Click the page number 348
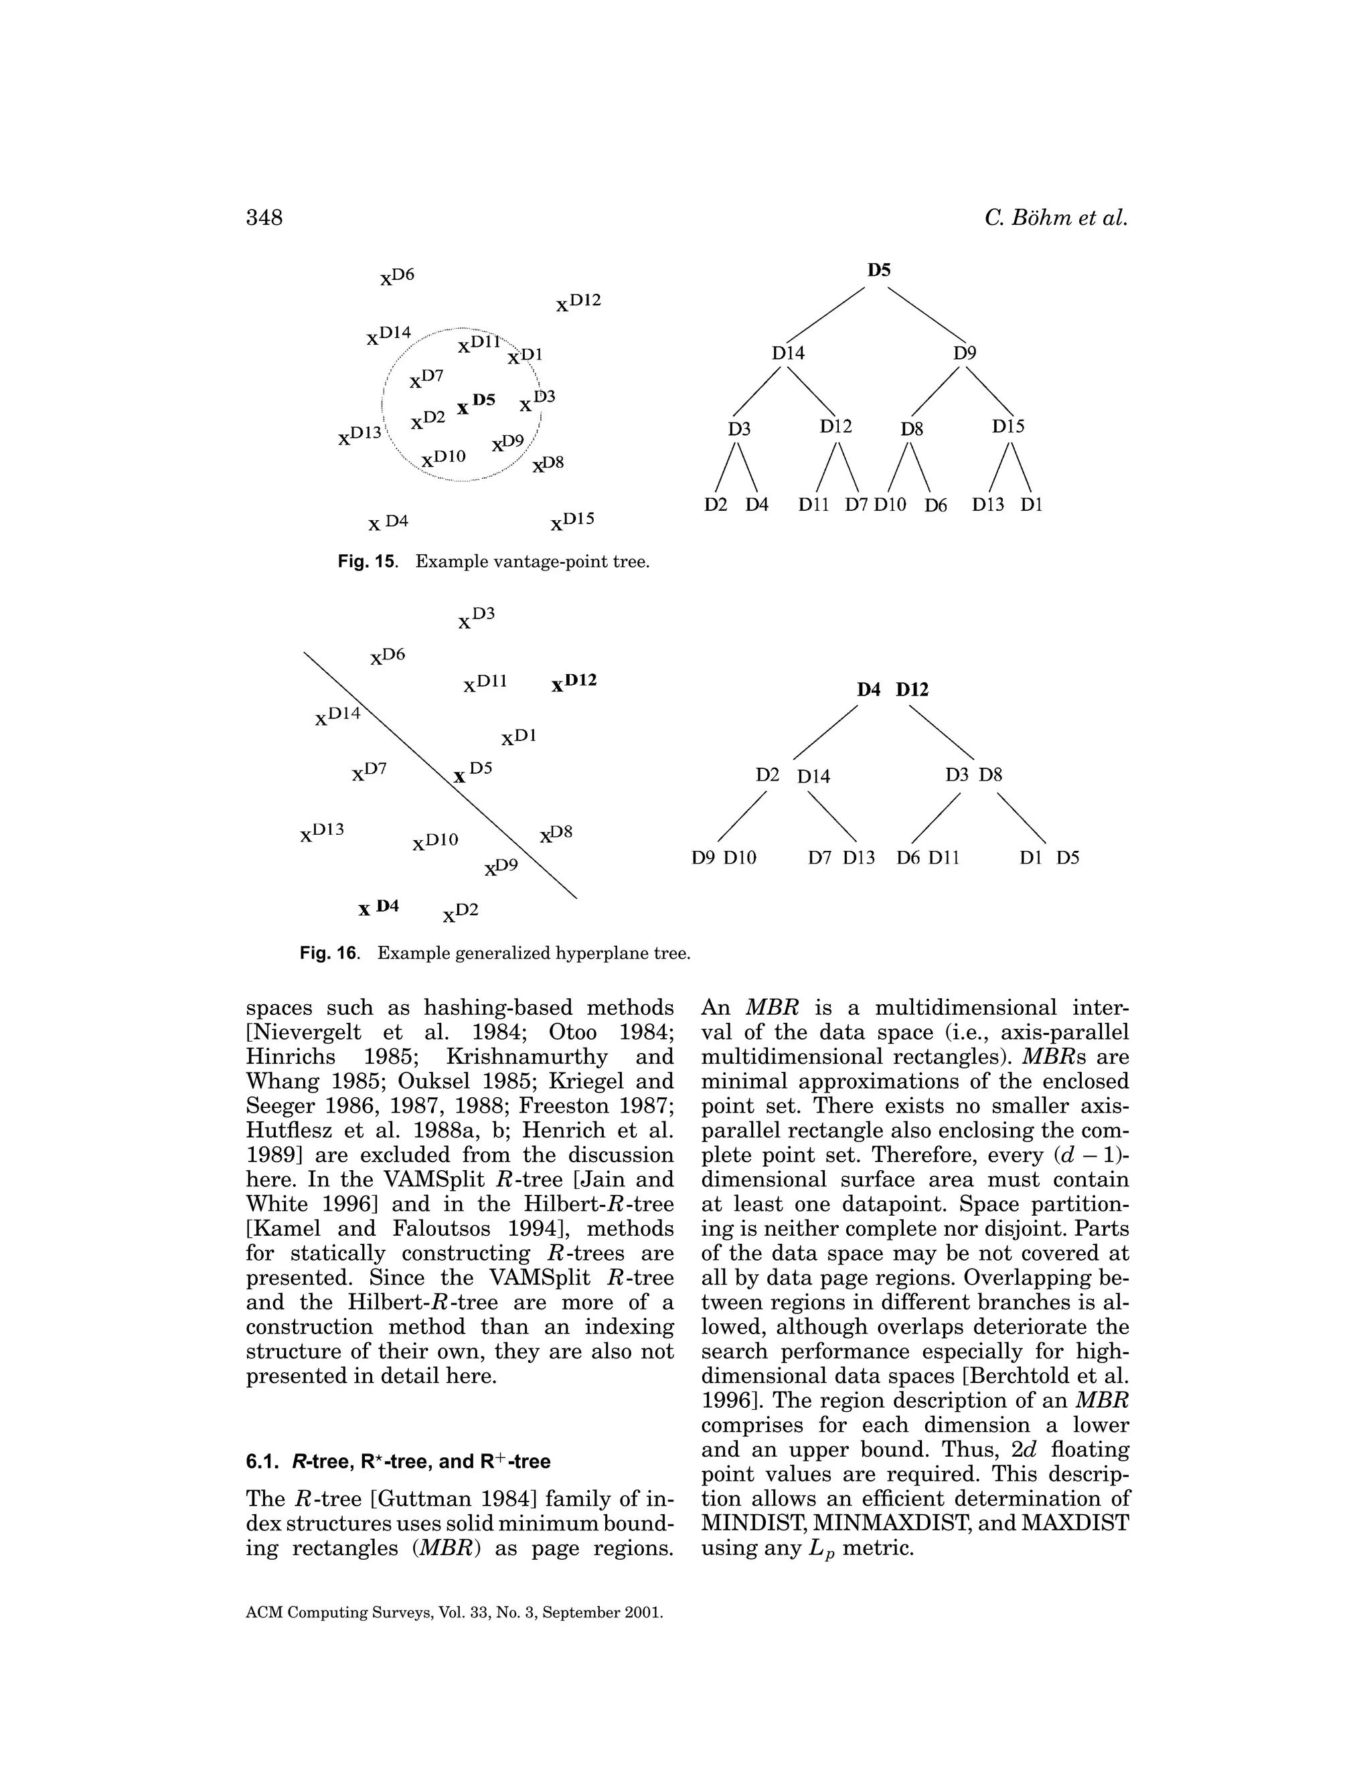pyautogui.click(x=264, y=218)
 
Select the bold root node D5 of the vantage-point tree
pyautogui.click(x=879, y=270)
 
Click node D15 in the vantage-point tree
pyautogui.click(x=1008, y=426)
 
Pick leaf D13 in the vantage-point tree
pyautogui.click(x=987, y=505)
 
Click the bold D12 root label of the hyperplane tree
pyautogui.click(x=912, y=690)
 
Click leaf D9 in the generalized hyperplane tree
pyautogui.click(x=704, y=858)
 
